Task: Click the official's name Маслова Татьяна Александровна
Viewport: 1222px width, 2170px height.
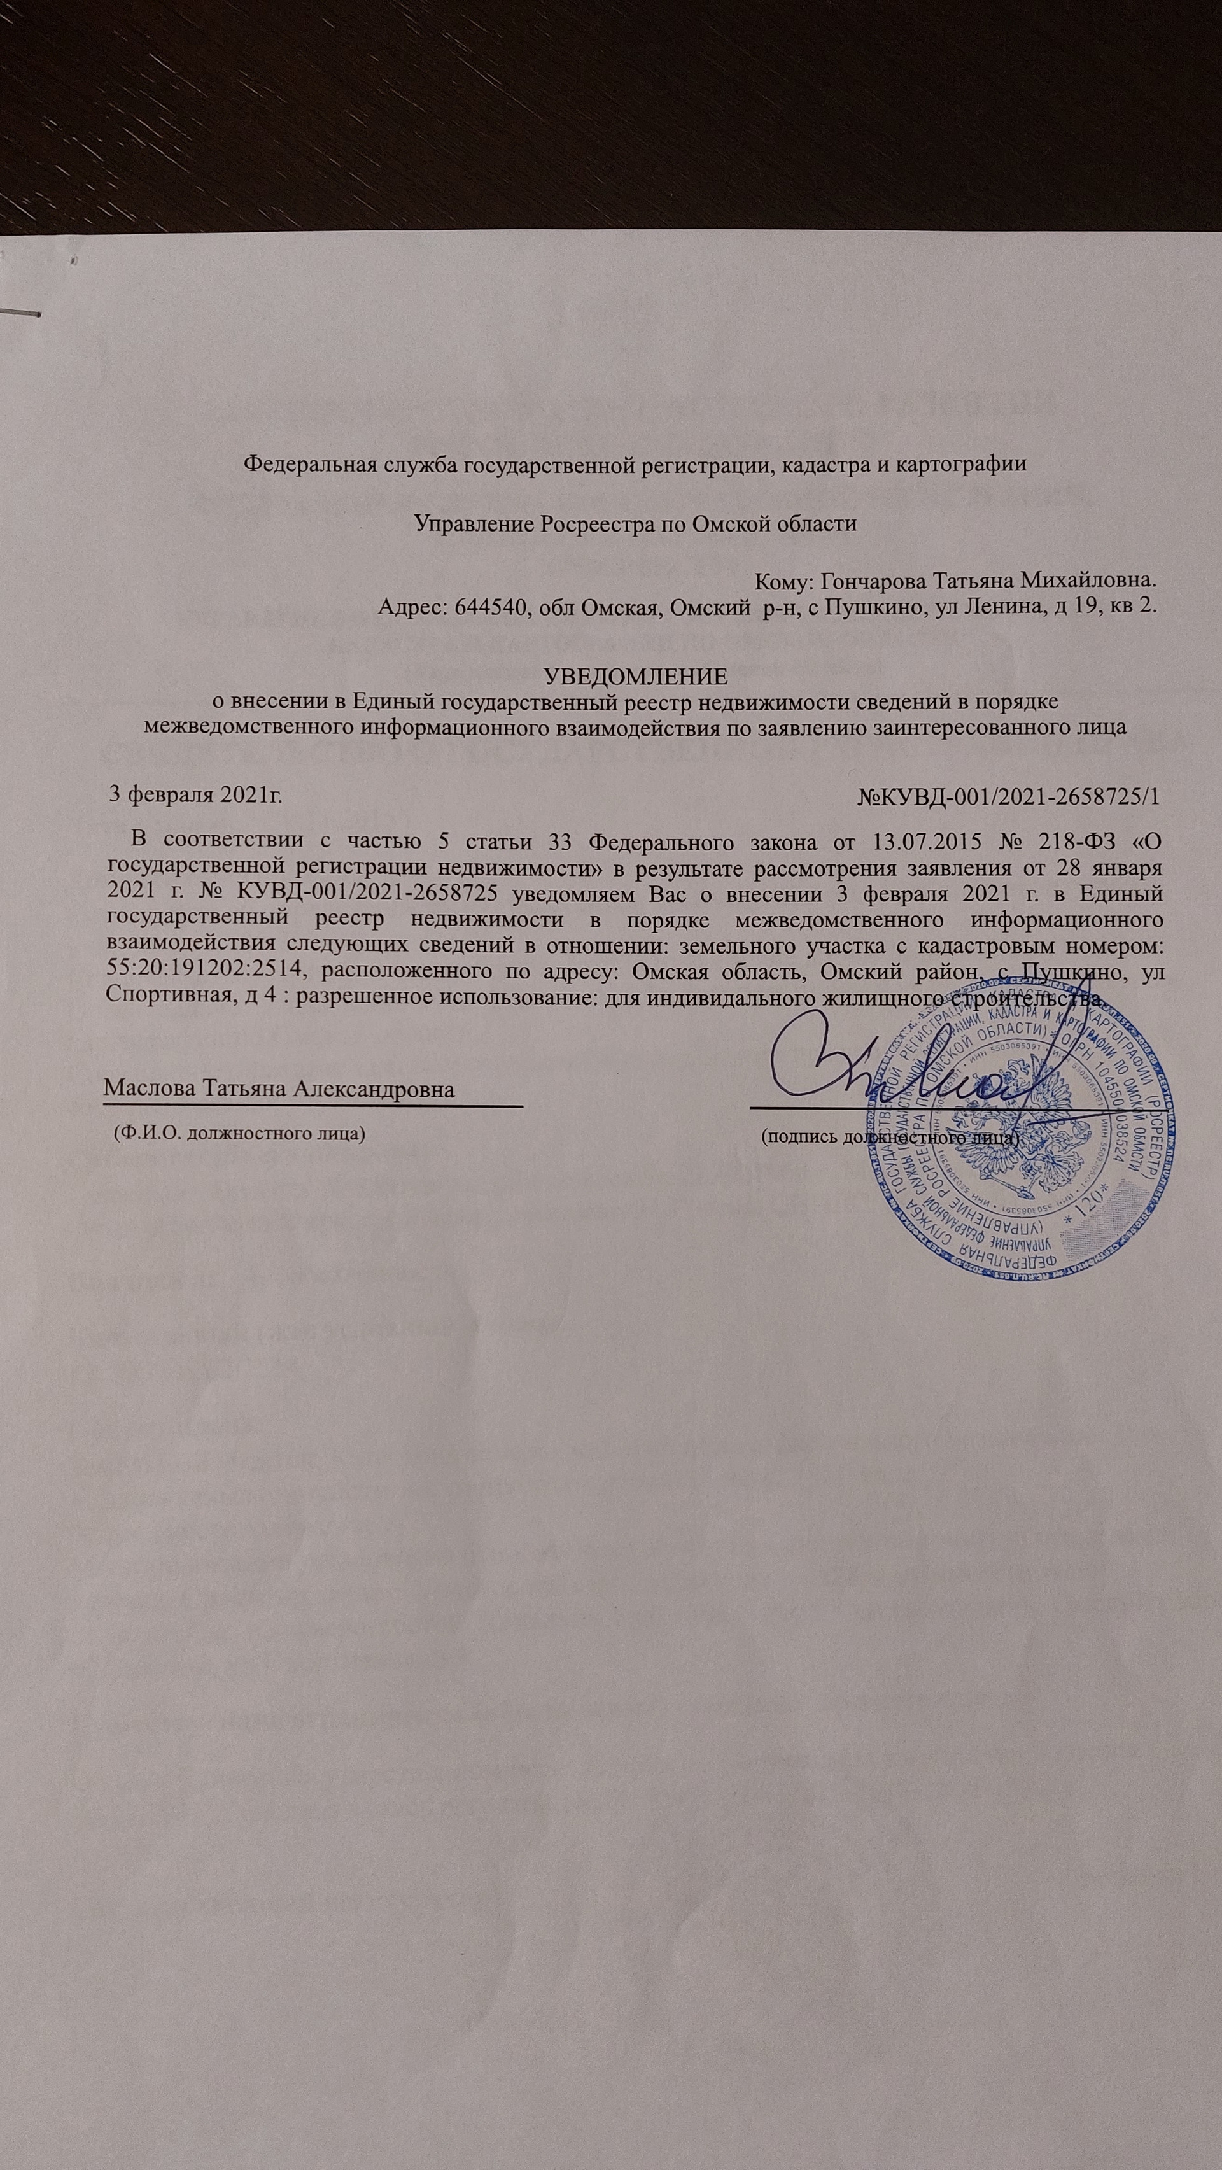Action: click(x=279, y=1089)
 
